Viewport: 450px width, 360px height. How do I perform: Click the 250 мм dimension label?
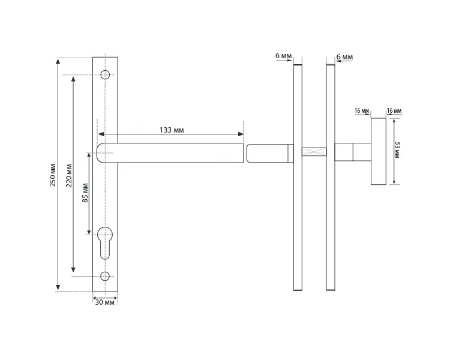(53, 175)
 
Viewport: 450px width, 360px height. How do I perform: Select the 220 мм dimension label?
(69, 175)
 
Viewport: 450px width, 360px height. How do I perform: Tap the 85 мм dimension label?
(85, 193)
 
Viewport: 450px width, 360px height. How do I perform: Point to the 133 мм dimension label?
(172, 130)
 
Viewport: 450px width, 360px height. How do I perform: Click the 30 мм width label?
(105, 302)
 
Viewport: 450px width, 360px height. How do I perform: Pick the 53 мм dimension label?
(397, 149)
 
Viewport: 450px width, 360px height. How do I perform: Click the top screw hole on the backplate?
(105, 74)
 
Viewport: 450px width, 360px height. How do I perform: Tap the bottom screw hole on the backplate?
(105, 276)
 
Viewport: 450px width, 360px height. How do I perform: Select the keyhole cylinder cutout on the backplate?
(105, 243)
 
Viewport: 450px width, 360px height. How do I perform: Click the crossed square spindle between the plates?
(314, 152)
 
